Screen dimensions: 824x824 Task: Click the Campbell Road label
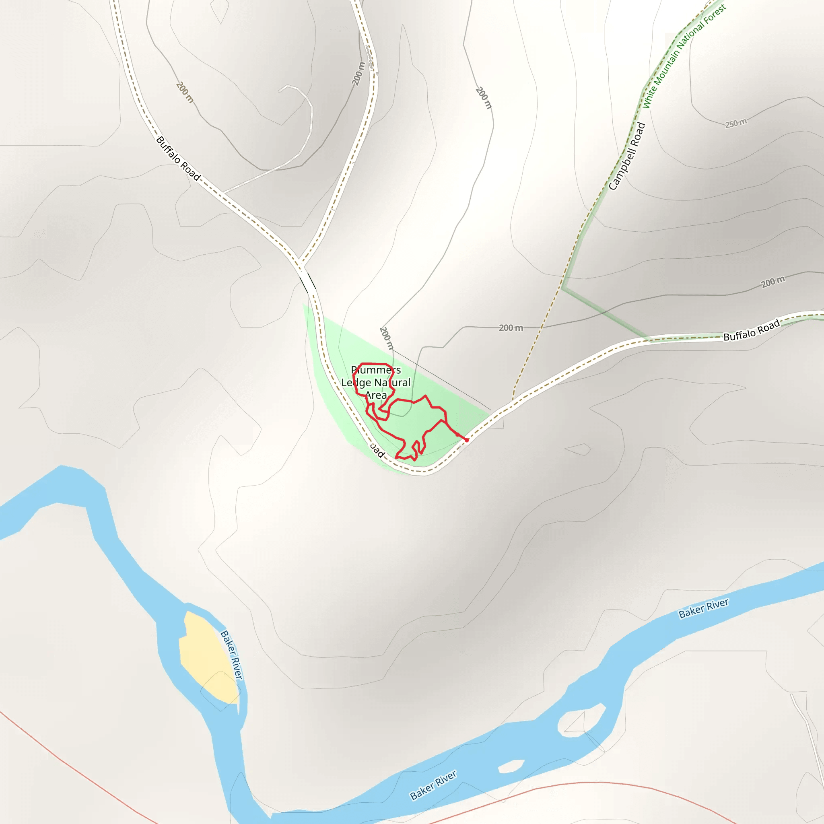(x=626, y=156)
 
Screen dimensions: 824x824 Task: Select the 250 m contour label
(x=736, y=123)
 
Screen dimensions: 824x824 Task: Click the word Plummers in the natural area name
(x=376, y=370)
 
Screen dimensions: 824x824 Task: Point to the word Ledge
(x=356, y=383)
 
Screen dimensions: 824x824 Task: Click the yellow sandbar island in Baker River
(x=207, y=657)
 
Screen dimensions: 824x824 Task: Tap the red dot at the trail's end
(x=467, y=440)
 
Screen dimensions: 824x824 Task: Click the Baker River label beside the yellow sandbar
(x=231, y=655)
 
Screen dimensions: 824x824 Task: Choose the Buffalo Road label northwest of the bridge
(x=178, y=158)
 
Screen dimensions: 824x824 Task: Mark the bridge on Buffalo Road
(x=307, y=282)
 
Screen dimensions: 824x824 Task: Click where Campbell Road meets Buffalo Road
(x=513, y=401)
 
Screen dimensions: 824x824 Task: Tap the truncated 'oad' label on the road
(x=377, y=449)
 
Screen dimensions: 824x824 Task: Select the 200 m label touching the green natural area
(x=386, y=338)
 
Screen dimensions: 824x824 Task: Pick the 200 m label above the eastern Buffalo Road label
(x=773, y=282)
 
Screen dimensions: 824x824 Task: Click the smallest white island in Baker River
(x=511, y=766)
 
